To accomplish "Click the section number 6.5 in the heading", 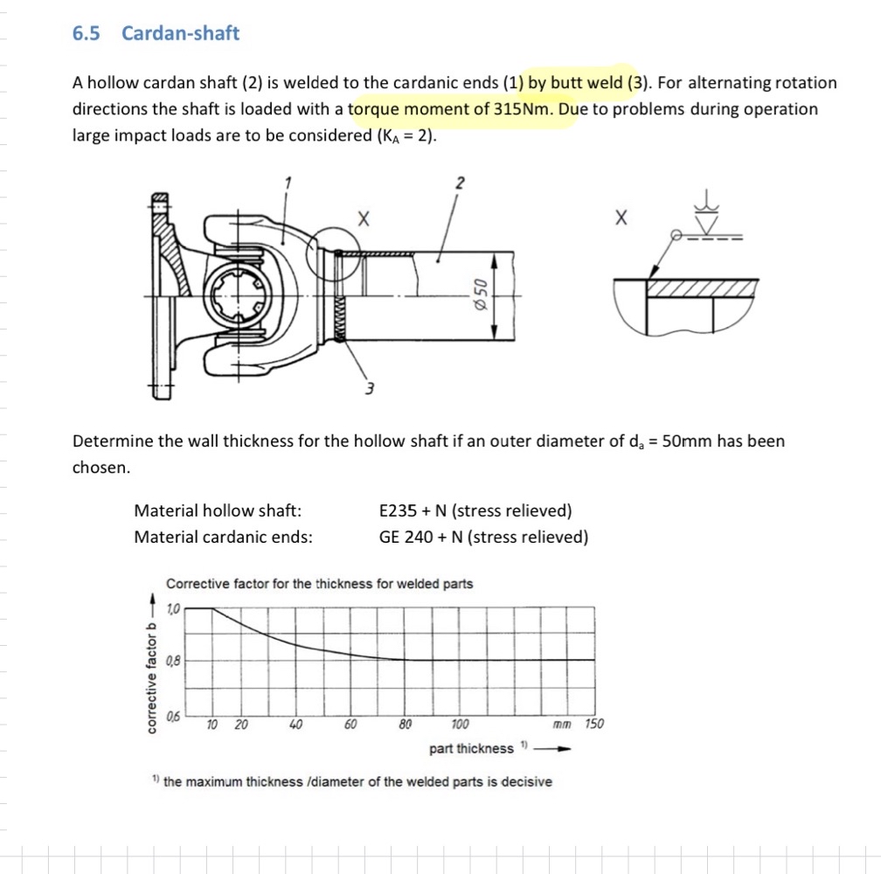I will tap(86, 33).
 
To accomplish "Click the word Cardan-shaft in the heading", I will tap(180, 33).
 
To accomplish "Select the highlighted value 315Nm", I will tap(522, 109).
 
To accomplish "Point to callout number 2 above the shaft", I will tap(461, 184).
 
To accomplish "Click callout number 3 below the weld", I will tap(370, 387).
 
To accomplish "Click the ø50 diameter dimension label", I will tap(479, 294).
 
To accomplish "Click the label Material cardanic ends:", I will tap(223, 537).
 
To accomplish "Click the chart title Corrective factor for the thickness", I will tap(319, 584).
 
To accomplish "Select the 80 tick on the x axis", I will tap(406, 725).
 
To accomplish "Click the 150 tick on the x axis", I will tap(593, 725).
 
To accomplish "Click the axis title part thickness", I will tap(471, 749).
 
